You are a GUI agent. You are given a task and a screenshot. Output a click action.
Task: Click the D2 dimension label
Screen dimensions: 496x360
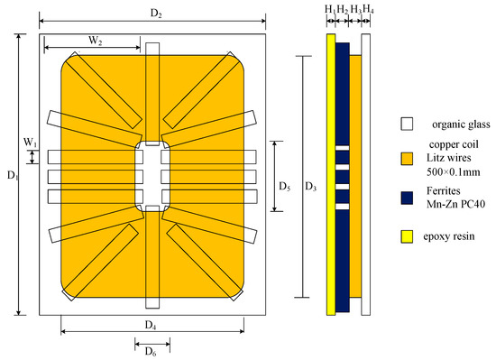pyautogui.click(x=156, y=13)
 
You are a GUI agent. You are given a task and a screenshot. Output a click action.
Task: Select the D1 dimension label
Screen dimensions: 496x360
pyautogui.click(x=13, y=175)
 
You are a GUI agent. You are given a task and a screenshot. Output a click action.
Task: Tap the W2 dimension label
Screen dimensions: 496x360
pyautogui.click(x=96, y=41)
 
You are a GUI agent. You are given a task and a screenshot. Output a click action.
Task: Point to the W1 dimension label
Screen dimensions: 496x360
pyautogui.click(x=31, y=143)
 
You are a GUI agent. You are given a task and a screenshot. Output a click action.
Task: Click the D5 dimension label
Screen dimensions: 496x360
pyautogui.click(x=285, y=187)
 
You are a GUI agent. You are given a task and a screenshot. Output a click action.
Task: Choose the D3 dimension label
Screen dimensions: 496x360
pyautogui.click(x=310, y=187)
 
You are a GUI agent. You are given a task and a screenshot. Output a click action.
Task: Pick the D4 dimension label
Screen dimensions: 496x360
pyautogui.click(x=151, y=325)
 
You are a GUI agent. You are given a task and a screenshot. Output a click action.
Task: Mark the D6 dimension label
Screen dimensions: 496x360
pyautogui.click(x=151, y=351)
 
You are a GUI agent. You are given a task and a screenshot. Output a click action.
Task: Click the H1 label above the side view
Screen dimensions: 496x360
pyautogui.click(x=330, y=10)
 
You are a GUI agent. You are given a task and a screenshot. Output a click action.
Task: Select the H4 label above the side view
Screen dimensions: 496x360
pyautogui.click(x=368, y=9)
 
